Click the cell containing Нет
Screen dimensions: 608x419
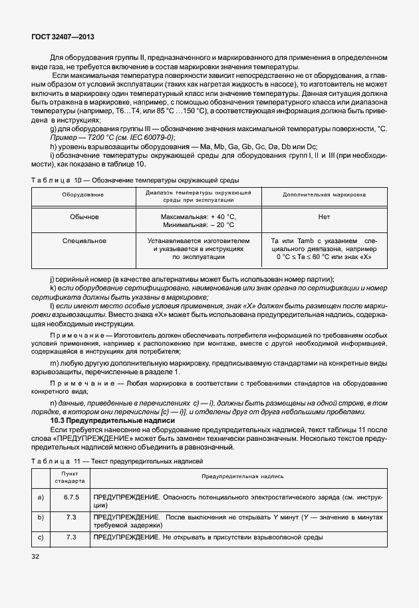pos(325,217)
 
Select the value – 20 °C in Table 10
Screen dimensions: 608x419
pos(223,226)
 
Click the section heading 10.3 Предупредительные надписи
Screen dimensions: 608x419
pos(112,421)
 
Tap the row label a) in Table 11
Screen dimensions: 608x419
pos(42,497)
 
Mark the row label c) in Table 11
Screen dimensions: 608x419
pos(42,537)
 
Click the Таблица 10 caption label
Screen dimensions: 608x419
pos(56,180)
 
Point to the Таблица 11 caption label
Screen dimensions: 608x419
pos(56,461)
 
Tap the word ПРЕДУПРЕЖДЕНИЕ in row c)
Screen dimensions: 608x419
pos(126,537)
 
